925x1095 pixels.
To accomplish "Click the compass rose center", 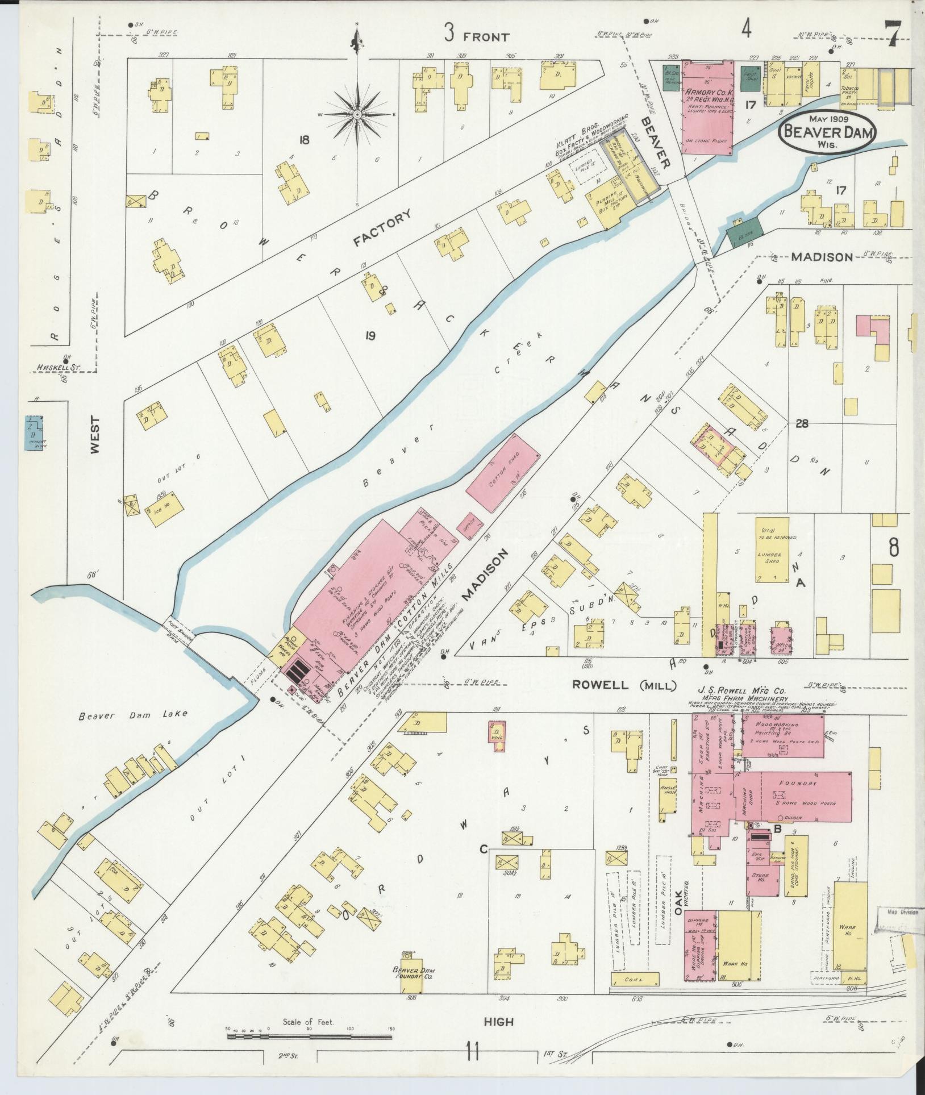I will pyautogui.click(x=357, y=114).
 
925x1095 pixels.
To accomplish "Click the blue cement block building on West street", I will pyautogui.click(x=34, y=432).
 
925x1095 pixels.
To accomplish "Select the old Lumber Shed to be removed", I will pyautogui.click(x=772, y=549).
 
